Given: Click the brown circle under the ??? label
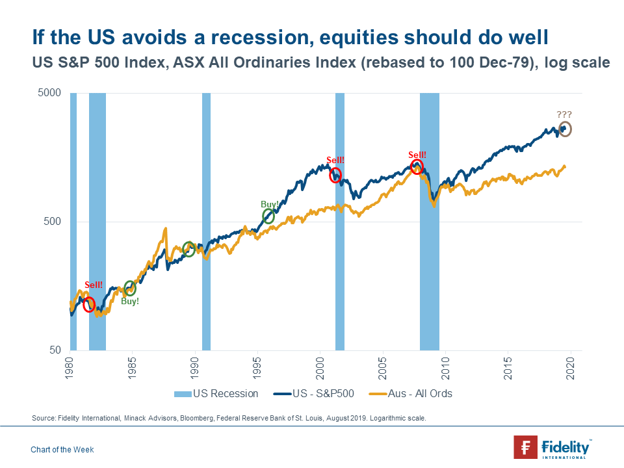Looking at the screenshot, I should click(x=565, y=129).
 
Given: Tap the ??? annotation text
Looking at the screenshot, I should click(x=564, y=114).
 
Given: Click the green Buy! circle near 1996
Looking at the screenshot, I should click(x=268, y=216).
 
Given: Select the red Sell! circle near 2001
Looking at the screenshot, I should click(x=335, y=175).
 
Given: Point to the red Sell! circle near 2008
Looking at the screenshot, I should click(x=417, y=167).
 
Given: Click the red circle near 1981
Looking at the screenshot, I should click(x=89, y=304).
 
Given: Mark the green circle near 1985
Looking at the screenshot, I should click(x=130, y=288).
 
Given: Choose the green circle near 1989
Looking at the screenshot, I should click(x=189, y=248).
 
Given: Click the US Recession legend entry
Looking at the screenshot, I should click(x=216, y=393).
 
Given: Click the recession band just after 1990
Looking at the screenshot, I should click(x=206, y=221).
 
